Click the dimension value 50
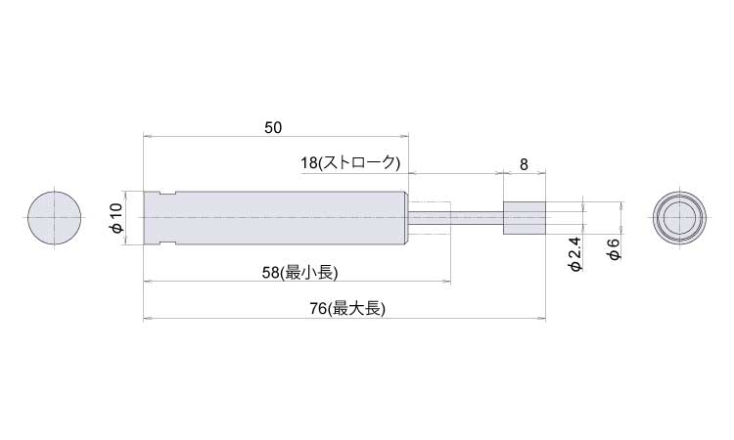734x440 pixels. tap(273, 128)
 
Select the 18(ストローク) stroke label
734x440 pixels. tap(350, 162)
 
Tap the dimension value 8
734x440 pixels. tap(524, 164)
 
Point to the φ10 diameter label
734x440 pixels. tap(116, 218)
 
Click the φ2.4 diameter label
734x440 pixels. tap(575, 254)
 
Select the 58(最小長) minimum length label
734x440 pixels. tap(299, 273)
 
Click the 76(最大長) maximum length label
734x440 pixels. tap(347, 309)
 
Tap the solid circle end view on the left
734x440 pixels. tap(54, 217)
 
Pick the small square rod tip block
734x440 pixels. tap(525, 218)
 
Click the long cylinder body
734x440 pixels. tap(276, 218)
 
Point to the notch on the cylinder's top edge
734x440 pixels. tap(167, 194)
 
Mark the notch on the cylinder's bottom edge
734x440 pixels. tap(167, 242)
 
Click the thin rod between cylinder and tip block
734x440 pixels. tap(456, 218)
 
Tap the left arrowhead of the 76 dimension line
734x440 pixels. tap(146, 319)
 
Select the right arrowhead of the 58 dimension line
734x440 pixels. tap(447, 282)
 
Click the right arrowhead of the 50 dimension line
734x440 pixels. tap(406, 137)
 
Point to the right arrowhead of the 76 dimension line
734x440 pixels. tap(542, 319)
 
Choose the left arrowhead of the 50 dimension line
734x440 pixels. tap(146, 137)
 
